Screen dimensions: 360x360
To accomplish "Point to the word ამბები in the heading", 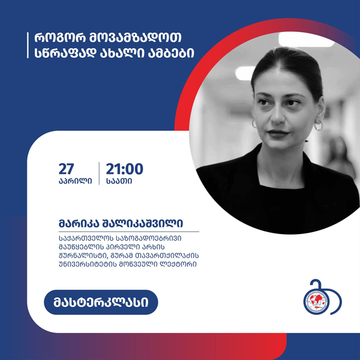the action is pos(171,53).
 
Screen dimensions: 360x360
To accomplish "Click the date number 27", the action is pos(67,169).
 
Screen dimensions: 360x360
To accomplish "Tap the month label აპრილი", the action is pos(76,181).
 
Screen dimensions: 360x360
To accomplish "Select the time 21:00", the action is pos(124,169).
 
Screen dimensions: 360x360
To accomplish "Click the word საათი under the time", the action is pos(119,181).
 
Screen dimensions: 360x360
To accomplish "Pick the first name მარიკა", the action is pos(78,223).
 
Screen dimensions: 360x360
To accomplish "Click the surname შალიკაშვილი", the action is pos(143,223).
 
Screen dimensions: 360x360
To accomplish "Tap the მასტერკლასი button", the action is pos(101,302).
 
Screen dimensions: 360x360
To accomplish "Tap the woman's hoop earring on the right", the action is pos(318,126).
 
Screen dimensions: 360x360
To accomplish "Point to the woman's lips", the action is pos(278,133).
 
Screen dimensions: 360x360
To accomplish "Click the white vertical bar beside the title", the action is pos(28,45).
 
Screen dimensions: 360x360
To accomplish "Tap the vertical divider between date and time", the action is pos(99,173).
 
